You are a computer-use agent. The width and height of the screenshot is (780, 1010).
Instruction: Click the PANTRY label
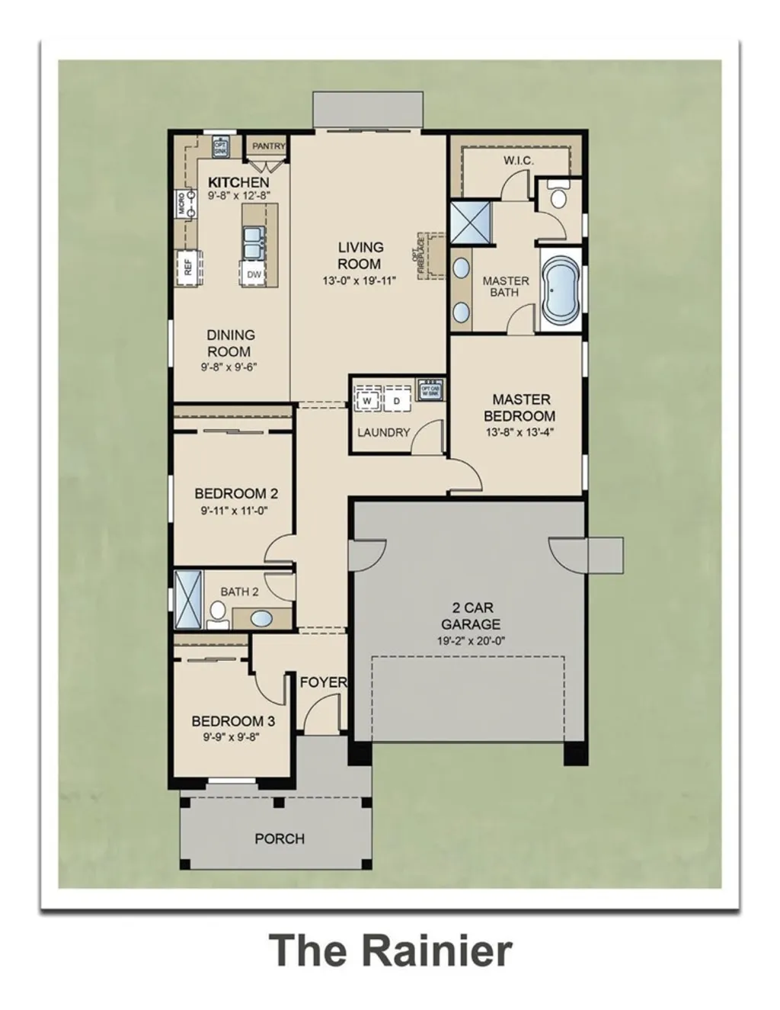pos(268,146)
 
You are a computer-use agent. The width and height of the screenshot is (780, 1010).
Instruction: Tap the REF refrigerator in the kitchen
pos(188,268)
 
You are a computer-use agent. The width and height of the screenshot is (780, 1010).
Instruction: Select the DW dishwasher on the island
pos(254,274)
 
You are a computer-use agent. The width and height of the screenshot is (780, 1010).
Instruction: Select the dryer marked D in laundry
pos(396,400)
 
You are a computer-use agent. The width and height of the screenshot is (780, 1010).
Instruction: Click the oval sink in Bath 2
pos(261,618)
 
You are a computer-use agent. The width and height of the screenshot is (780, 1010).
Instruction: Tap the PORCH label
pos(280,838)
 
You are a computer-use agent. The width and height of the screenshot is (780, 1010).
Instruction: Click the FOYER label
pos(323,681)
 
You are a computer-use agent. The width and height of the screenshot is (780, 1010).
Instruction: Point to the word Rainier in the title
pos(436,951)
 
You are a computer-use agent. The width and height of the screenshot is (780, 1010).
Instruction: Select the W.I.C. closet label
pos(518,161)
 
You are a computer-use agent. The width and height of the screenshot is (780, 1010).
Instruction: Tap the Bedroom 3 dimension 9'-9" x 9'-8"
pos(233,737)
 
